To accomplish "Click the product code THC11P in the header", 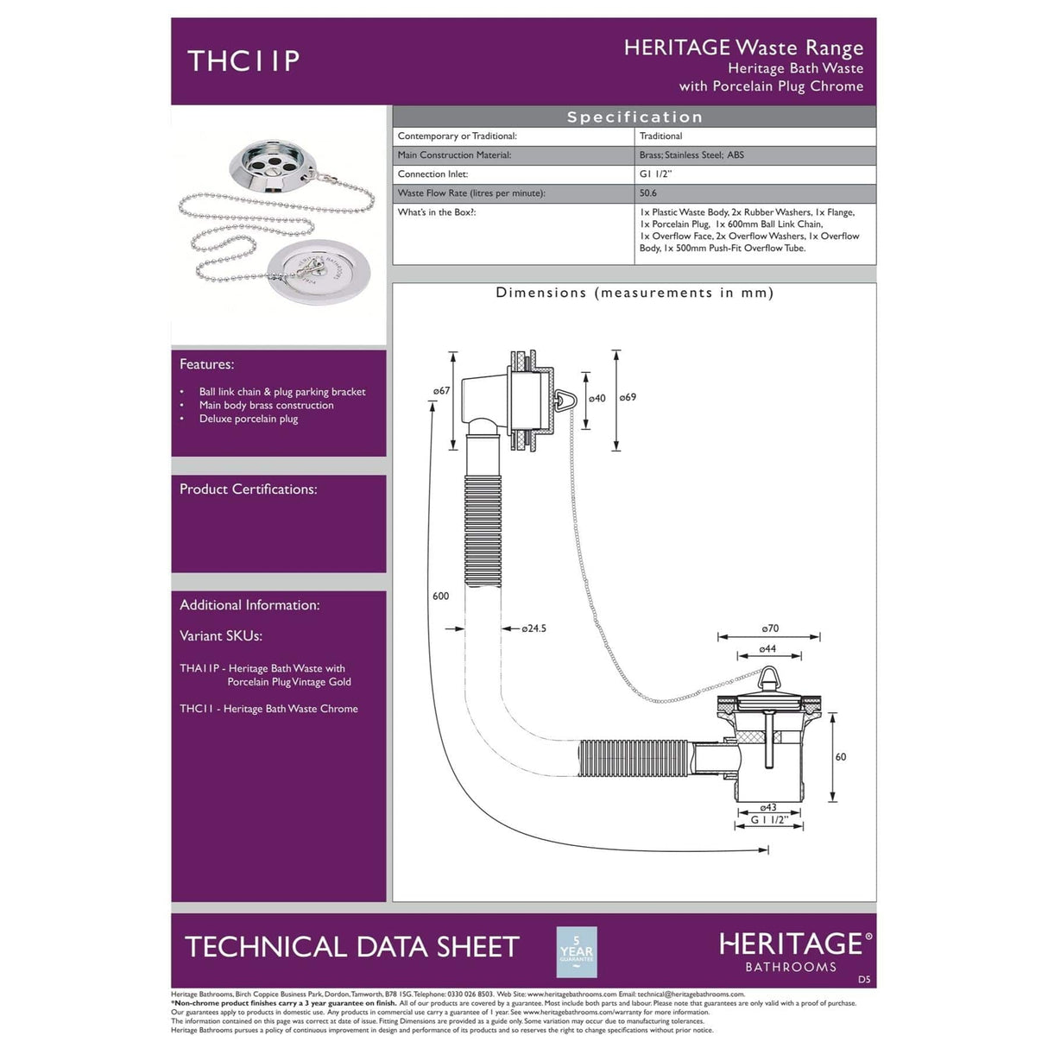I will pyautogui.click(x=243, y=60).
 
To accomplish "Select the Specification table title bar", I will pyautogui.click(x=634, y=117).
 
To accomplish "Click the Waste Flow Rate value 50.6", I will pyautogui.click(x=648, y=193).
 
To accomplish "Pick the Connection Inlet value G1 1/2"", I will pyautogui.click(x=655, y=174).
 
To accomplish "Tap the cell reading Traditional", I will pyautogui.click(x=660, y=136).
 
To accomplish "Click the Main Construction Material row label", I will pyautogui.click(x=454, y=155).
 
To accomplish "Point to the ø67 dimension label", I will pyautogui.click(x=441, y=391).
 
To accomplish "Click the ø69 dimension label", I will pyautogui.click(x=628, y=397).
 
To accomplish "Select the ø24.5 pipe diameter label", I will pyautogui.click(x=533, y=628).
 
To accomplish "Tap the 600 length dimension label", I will pyautogui.click(x=440, y=596).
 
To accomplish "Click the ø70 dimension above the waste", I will pyautogui.click(x=770, y=628).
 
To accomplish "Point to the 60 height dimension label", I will pyautogui.click(x=841, y=757).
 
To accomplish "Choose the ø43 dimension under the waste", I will pyautogui.click(x=768, y=808).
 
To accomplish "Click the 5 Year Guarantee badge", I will pyautogui.click(x=577, y=951).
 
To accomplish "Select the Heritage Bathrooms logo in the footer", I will pyautogui.click(x=794, y=950).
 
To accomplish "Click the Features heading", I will pyautogui.click(x=206, y=364).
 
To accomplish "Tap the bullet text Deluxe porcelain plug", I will pyautogui.click(x=249, y=420).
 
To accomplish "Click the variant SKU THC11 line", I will pyautogui.click(x=268, y=709).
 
